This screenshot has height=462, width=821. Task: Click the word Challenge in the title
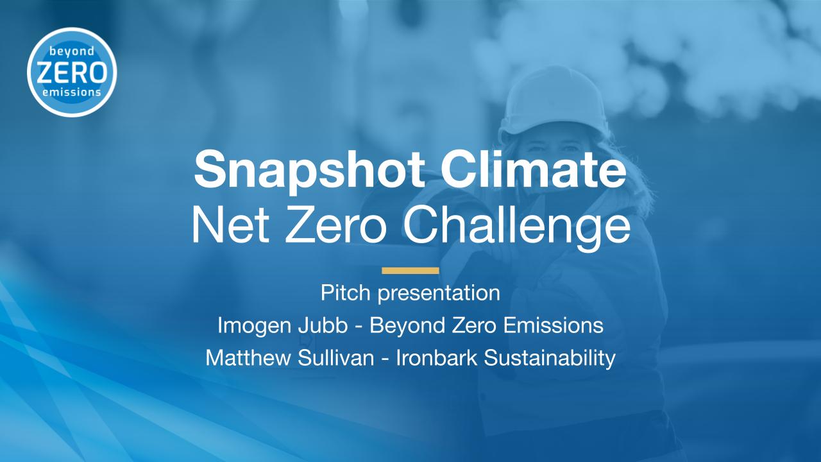pyautogui.click(x=516, y=228)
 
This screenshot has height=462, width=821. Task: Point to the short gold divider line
pyautogui.click(x=410, y=271)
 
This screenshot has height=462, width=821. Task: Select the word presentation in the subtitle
pyautogui.click(x=439, y=294)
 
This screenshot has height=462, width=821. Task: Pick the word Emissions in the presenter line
pyautogui.click(x=553, y=325)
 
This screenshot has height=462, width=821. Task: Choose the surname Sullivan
pyautogui.click(x=335, y=357)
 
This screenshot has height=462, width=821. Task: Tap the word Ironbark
pyautogui.click(x=437, y=357)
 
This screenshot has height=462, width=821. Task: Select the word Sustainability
pyautogui.click(x=550, y=358)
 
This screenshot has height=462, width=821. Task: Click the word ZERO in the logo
pyautogui.click(x=72, y=73)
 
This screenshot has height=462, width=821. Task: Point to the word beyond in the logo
pyautogui.click(x=72, y=52)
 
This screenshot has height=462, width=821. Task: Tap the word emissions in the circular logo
pyautogui.click(x=72, y=92)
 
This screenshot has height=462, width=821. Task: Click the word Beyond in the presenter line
pyautogui.click(x=407, y=326)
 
